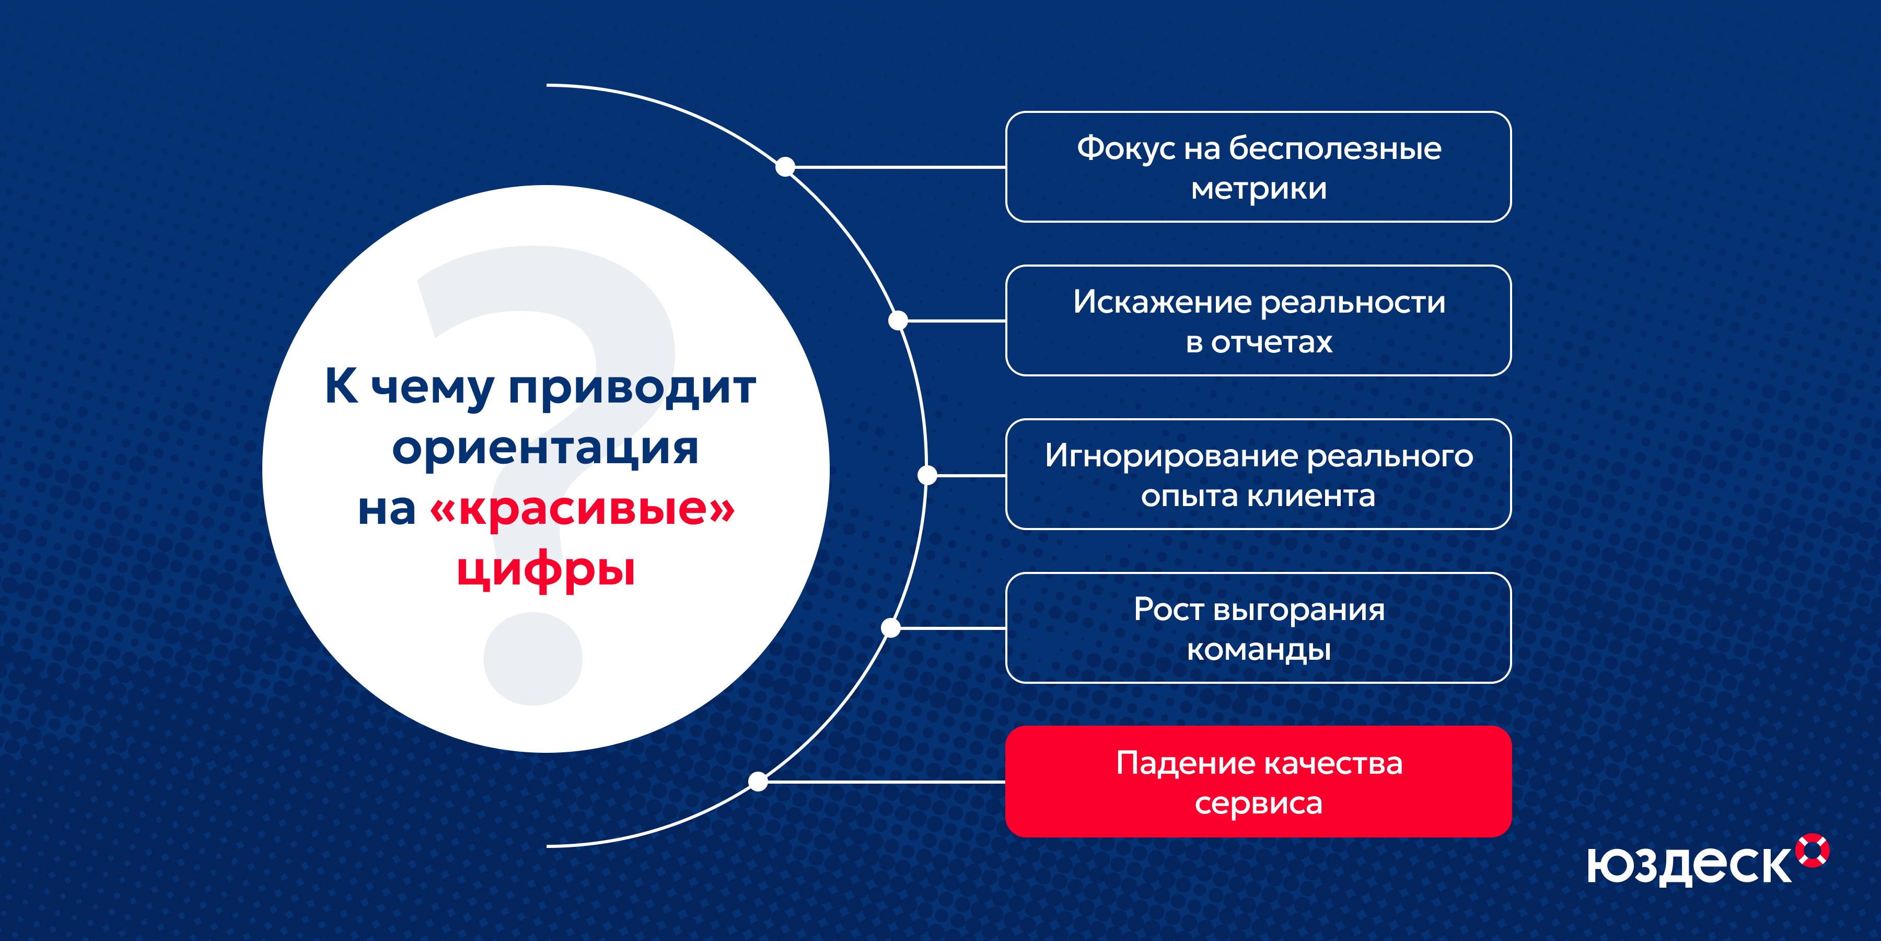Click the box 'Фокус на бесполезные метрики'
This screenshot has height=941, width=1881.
1258,167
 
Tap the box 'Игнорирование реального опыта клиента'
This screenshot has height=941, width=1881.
1258,474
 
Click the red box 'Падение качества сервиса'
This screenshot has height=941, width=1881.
1258,781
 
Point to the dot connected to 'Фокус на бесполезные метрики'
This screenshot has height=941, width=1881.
785,167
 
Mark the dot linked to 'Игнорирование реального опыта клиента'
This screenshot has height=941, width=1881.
927,475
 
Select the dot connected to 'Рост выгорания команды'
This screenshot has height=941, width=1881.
891,627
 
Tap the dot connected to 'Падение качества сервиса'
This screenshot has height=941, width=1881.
758,782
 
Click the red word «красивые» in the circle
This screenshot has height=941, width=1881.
583,509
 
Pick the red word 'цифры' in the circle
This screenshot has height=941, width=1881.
546,570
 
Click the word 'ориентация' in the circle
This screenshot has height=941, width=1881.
545,448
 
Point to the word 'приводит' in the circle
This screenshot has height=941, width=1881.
632,387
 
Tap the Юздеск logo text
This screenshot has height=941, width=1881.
1689,866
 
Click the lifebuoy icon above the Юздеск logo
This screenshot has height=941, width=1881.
1813,850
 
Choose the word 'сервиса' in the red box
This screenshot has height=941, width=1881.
1258,803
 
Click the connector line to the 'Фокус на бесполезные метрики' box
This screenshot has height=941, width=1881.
900,167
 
